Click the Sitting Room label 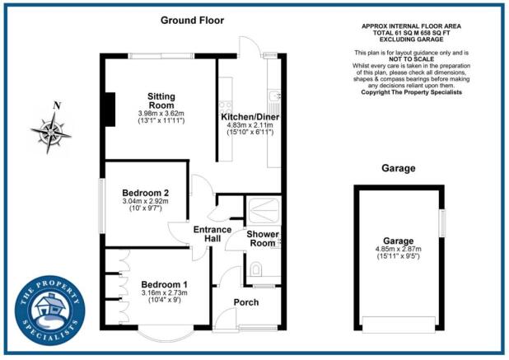tap(156, 100)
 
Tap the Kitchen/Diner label tap(247, 117)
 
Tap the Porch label tap(245, 302)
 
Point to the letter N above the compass tap(56, 105)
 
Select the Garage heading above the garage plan tap(398, 168)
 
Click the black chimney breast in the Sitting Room tap(108, 105)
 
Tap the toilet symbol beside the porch tap(256, 269)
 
